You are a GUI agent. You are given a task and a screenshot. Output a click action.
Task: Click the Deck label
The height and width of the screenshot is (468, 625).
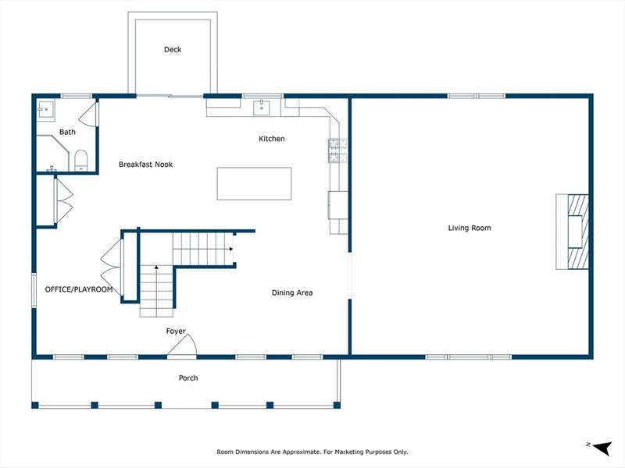click(173, 49)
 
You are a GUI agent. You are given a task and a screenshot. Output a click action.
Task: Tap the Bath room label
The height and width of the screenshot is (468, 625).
click(67, 132)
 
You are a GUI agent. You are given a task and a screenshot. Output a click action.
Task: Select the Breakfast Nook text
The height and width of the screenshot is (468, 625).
click(145, 165)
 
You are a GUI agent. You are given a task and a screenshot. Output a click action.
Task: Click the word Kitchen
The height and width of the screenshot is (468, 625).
click(271, 139)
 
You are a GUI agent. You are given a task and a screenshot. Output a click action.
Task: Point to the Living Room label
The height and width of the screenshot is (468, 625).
click(470, 228)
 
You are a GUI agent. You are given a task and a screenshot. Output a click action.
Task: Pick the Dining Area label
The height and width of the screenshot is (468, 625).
click(292, 292)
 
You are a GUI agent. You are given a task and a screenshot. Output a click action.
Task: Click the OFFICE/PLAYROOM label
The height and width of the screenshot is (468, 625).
click(79, 289)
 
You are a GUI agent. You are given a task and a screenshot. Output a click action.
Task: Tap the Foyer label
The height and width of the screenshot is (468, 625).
click(176, 331)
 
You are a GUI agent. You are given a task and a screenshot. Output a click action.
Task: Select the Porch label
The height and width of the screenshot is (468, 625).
click(188, 378)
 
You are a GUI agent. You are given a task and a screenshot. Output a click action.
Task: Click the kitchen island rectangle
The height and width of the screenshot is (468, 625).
click(255, 183)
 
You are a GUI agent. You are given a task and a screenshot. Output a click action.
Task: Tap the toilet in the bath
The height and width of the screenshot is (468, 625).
click(81, 161)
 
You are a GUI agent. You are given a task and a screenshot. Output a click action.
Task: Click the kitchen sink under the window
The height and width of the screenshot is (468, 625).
click(262, 108)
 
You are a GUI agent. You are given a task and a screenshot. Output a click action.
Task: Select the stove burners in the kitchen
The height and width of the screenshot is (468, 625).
click(337, 151)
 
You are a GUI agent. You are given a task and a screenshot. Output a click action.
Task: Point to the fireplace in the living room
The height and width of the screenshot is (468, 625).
click(573, 232)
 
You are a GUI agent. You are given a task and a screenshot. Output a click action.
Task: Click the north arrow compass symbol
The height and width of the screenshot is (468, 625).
click(602, 448)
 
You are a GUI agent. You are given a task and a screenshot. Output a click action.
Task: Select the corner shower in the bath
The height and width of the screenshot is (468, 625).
click(52, 153)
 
